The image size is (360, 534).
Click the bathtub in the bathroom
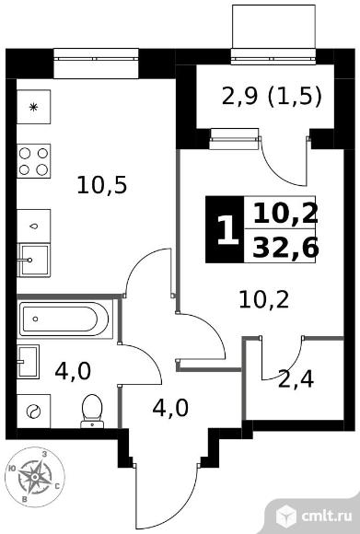pos(64,319)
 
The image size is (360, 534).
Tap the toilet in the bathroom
pos(92,411)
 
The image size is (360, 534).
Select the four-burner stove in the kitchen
pos(33,161)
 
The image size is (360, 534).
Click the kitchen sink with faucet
pos(33,261)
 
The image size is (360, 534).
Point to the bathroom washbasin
pos(28,361)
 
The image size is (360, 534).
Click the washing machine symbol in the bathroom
pos(33,411)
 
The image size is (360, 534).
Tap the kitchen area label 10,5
pos(102,185)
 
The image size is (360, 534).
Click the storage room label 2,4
pos(296,379)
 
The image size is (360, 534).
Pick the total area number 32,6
pos(285,248)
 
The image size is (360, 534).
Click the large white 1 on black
pos(227,230)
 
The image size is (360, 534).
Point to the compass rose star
pos(34,477)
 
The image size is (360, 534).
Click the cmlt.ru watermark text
pos(327,516)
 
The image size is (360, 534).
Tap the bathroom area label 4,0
pos(73,371)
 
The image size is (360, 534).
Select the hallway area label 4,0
pos(170,408)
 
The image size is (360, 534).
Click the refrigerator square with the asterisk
pos(33,107)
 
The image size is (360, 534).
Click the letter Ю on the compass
pos(12,469)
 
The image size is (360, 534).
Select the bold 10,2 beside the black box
pos(285,213)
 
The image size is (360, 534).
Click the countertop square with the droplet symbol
pos(33,226)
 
